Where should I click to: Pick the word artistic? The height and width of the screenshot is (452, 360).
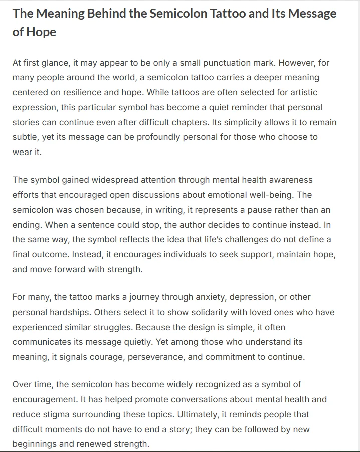(299, 93)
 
